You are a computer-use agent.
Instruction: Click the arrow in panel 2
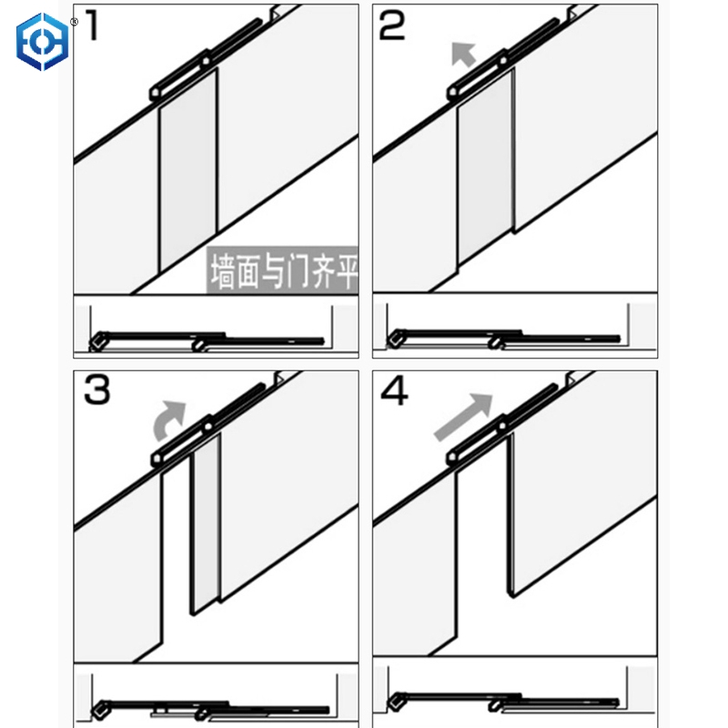(x=463, y=56)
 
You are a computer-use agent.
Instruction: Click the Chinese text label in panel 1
(x=283, y=269)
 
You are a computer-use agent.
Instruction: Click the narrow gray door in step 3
(x=206, y=528)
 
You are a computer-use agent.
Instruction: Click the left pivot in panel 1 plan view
(x=96, y=343)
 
